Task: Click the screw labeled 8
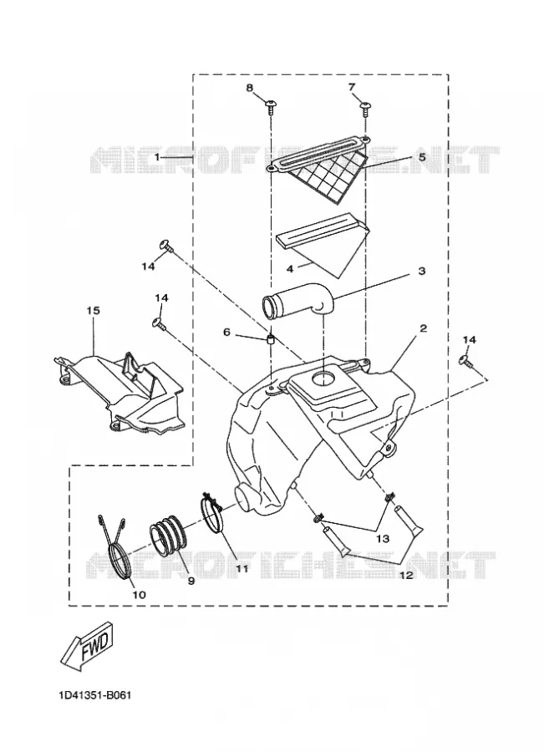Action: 272,105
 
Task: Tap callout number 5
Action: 421,157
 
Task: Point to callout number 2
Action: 423,328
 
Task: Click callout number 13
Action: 383,539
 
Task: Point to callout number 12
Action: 405,575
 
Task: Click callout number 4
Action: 290,269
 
